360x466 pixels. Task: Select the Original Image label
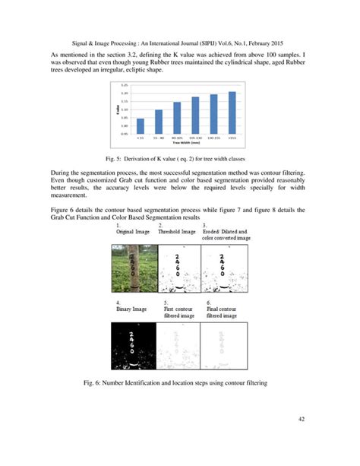(133, 231)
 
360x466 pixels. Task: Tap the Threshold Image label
(176, 231)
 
